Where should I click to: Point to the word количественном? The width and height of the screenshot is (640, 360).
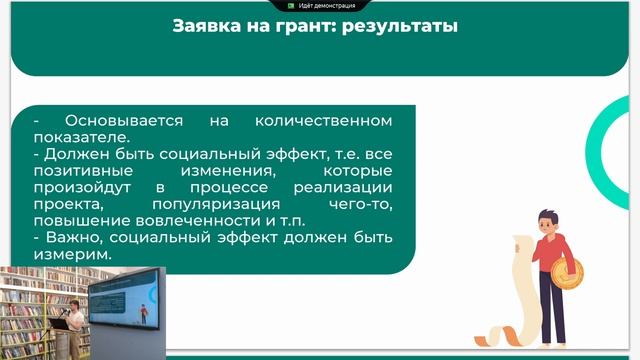coord(322,120)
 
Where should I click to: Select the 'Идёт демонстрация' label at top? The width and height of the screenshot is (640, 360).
coord(326,5)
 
